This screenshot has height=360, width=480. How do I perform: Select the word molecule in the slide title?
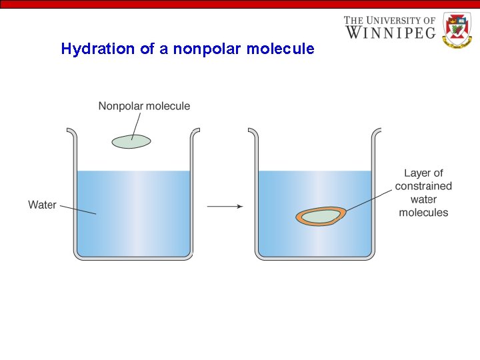pos(281,49)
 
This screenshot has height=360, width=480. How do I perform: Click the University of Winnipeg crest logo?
pos(457,29)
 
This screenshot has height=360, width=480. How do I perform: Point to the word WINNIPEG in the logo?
pos(390,31)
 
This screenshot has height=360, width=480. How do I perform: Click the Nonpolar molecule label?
pos(144,106)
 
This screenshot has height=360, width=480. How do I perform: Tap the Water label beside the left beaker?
pos(42,205)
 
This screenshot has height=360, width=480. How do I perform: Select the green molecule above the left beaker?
pos(131,141)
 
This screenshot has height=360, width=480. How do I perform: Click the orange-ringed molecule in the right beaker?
pos(321,216)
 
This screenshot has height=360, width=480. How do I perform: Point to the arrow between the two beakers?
pos(225,207)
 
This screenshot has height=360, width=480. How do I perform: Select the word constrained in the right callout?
pos(423,187)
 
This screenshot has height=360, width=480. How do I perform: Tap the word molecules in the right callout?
pos(423,213)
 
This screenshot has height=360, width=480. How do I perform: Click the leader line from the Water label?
pos(78,209)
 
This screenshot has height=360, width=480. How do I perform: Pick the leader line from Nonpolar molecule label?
pos(137,125)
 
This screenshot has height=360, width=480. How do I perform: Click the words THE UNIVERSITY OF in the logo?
pos(389,20)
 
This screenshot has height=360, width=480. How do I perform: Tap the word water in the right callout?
pos(423,199)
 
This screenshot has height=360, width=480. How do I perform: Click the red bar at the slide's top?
pos(240,3)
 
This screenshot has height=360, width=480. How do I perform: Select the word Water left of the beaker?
pos(42,205)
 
